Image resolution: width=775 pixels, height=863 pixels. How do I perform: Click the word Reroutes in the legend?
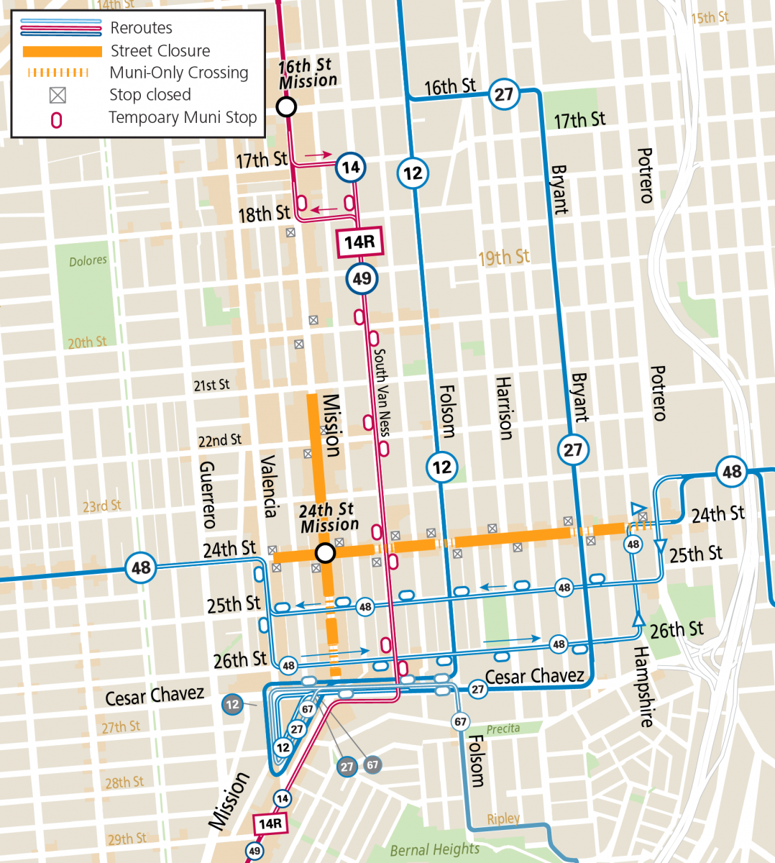click(x=141, y=28)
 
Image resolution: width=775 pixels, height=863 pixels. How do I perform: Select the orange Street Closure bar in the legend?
click(x=63, y=52)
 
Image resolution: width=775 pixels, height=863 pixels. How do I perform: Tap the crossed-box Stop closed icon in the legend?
click(x=58, y=95)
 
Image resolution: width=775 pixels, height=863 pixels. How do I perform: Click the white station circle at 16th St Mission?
click(x=286, y=108)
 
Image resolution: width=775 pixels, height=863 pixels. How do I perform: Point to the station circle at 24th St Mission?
click(x=326, y=553)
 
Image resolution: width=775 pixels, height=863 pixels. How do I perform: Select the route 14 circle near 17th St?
click(x=350, y=168)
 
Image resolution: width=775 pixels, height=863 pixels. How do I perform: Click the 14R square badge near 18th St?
click(x=359, y=242)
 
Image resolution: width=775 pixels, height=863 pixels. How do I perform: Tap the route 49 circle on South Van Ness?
click(x=362, y=278)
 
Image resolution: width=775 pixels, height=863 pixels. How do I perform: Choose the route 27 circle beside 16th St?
click(x=504, y=94)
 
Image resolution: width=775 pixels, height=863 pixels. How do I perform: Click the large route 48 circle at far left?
click(x=141, y=568)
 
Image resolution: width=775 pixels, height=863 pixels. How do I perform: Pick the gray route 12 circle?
click(x=232, y=705)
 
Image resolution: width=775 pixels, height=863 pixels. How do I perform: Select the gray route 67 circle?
click(x=372, y=765)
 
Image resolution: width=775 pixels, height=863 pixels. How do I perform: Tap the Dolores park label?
click(x=88, y=261)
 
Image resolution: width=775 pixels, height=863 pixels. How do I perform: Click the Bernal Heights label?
click(x=434, y=850)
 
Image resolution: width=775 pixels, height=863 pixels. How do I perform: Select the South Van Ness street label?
click(x=382, y=392)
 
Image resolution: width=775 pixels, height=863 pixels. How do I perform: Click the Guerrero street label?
click(x=207, y=495)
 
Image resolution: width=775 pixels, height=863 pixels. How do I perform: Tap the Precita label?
click(x=503, y=729)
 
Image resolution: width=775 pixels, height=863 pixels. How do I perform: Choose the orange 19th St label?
click(x=503, y=257)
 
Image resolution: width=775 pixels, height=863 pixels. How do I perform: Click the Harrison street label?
click(x=505, y=408)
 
